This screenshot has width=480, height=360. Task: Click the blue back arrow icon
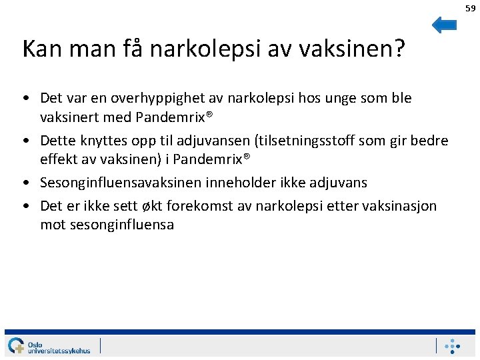point(444,25)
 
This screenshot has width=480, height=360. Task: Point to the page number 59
point(471,8)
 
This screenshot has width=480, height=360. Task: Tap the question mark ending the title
point(399,49)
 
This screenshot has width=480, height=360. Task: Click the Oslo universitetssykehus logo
point(50,346)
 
